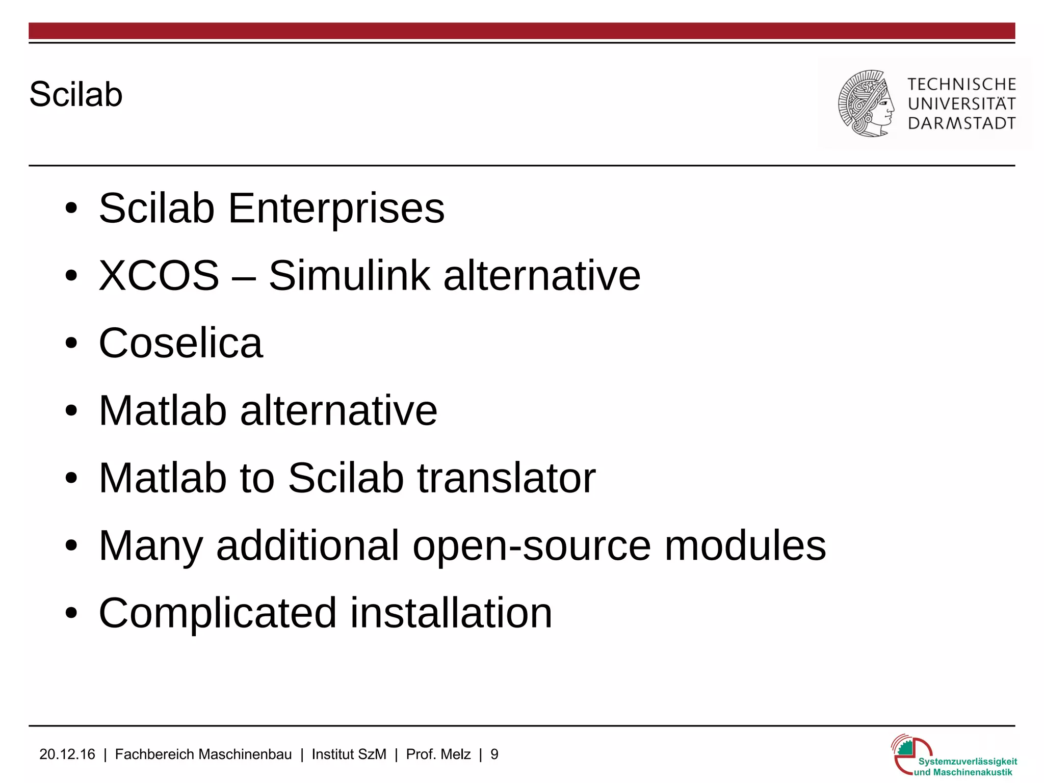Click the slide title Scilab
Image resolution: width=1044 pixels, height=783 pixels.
[x=76, y=94]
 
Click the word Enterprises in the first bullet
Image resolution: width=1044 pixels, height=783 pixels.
[x=336, y=208]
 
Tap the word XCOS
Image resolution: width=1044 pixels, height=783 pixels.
[x=159, y=275]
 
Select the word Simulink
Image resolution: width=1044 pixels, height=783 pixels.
[x=349, y=275]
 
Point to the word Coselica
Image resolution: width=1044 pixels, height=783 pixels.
[x=180, y=343]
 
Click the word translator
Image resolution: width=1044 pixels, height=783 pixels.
[x=506, y=478]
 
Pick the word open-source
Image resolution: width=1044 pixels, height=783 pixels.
[x=531, y=545]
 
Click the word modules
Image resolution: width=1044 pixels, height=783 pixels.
[x=745, y=545]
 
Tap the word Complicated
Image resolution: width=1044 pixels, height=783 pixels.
[x=217, y=613]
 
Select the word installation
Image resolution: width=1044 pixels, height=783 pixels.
[x=451, y=613]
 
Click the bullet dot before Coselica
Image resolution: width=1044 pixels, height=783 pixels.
[x=71, y=343]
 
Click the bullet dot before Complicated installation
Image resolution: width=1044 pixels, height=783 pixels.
[x=71, y=613]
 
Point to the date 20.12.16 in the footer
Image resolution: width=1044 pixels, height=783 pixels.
[x=67, y=754]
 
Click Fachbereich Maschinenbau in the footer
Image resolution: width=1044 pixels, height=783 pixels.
[x=203, y=754]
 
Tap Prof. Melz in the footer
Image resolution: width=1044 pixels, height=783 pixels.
[x=438, y=754]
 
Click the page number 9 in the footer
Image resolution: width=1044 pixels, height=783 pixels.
[x=494, y=754]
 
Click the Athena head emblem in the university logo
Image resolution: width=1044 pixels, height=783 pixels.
[x=866, y=103]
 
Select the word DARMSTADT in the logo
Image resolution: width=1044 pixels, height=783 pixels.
[x=961, y=123]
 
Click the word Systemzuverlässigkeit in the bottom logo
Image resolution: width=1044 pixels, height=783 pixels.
[x=967, y=762]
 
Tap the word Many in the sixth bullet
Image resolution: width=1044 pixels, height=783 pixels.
[x=151, y=545]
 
